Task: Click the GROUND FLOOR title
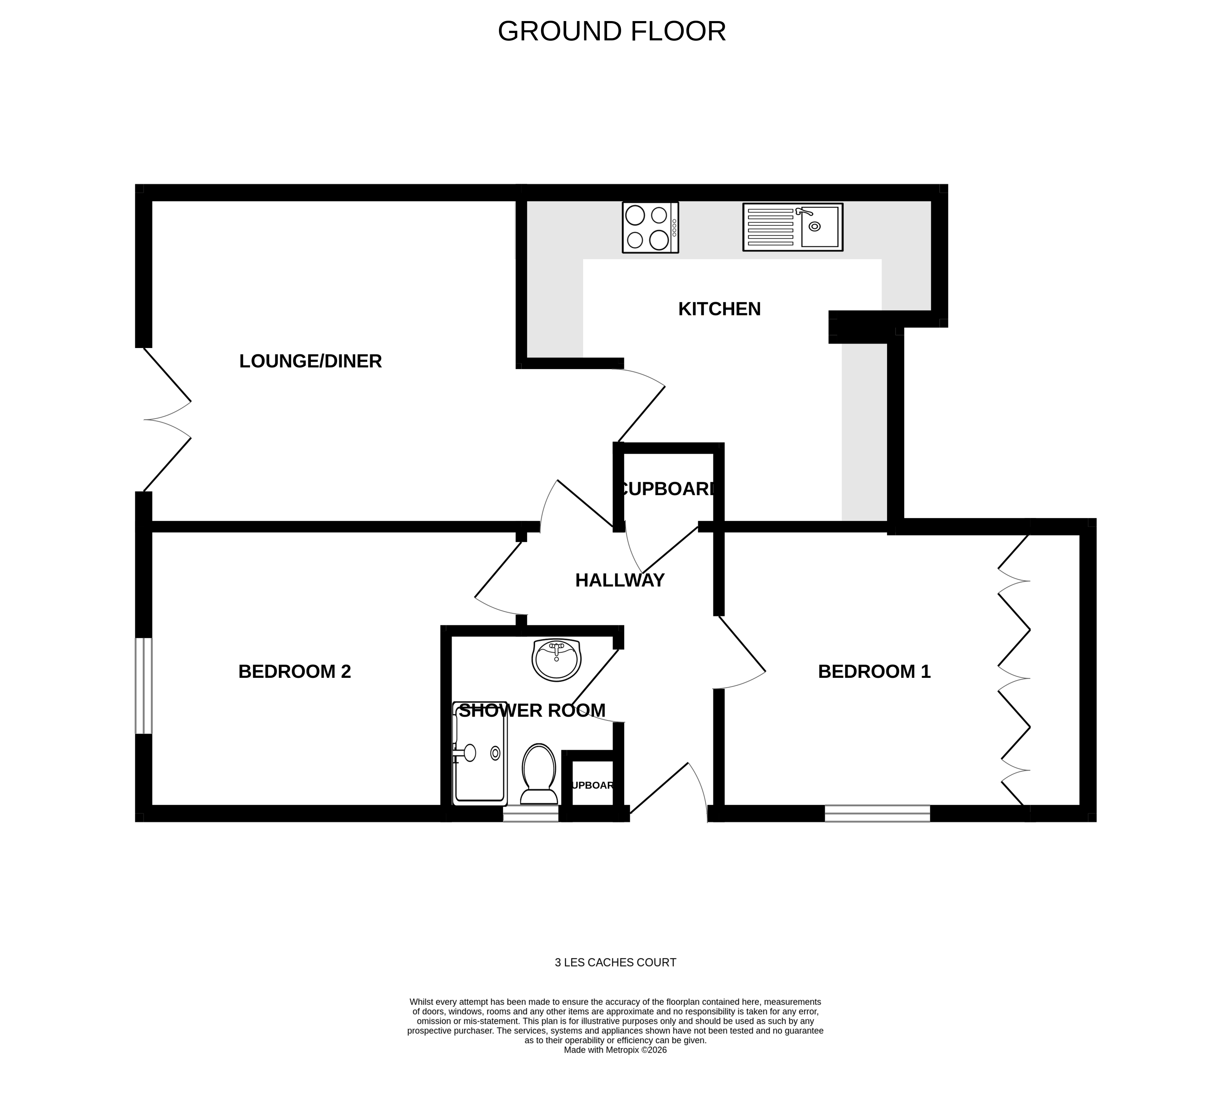pos(612,32)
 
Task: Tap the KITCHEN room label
pos(719,309)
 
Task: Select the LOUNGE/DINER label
pos(310,361)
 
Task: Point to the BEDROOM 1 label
pos(874,671)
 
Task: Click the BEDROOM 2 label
pos(295,671)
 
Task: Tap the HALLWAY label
pos(619,580)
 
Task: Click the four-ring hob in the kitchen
pos(650,228)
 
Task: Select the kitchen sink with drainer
pos(792,227)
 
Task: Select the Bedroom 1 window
pos(877,813)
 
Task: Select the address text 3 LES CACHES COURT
pos(615,963)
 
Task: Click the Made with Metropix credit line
pos(615,1050)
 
